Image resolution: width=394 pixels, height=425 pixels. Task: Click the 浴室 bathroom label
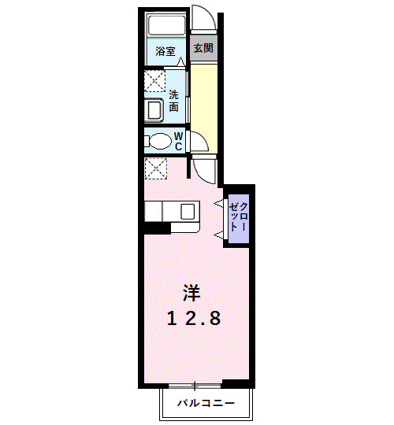tap(165, 52)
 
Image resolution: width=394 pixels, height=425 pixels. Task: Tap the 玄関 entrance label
tap(203, 48)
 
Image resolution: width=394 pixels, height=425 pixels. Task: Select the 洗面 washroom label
tap(173, 100)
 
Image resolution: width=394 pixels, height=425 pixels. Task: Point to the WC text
tap(178, 141)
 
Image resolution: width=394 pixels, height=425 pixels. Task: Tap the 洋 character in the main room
tap(191, 294)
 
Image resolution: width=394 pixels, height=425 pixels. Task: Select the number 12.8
tap(192, 319)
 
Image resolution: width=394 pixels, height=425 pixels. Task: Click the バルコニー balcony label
tap(206, 404)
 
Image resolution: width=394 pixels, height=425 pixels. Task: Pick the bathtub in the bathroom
tap(166, 26)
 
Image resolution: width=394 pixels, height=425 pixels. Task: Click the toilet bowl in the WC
tap(159, 142)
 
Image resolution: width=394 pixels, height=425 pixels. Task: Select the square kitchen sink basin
tap(187, 212)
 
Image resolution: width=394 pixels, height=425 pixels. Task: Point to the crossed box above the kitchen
tap(155, 168)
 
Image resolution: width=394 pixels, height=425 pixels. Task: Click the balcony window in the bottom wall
tap(193, 385)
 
